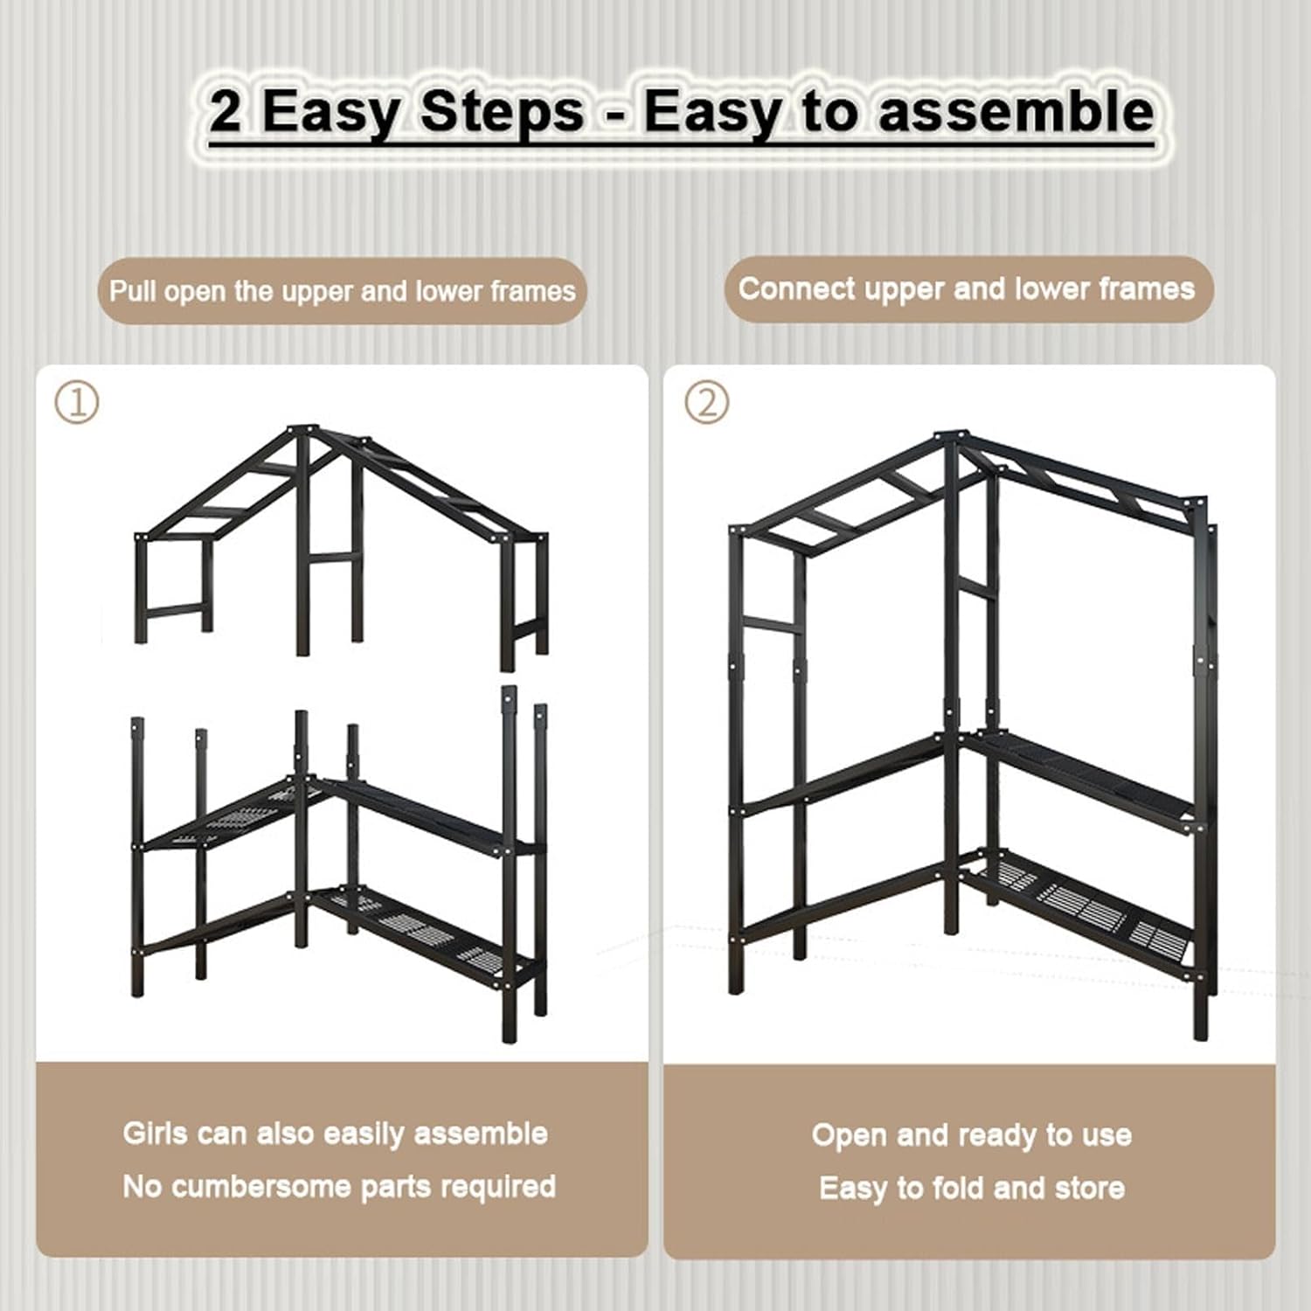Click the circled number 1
click(x=77, y=403)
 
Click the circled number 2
click(x=706, y=403)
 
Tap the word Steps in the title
click(x=501, y=113)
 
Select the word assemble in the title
click(x=1016, y=113)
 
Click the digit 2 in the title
click(x=225, y=113)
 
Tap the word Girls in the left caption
click(x=155, y=1134)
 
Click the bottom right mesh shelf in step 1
click(x=420, y=931)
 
